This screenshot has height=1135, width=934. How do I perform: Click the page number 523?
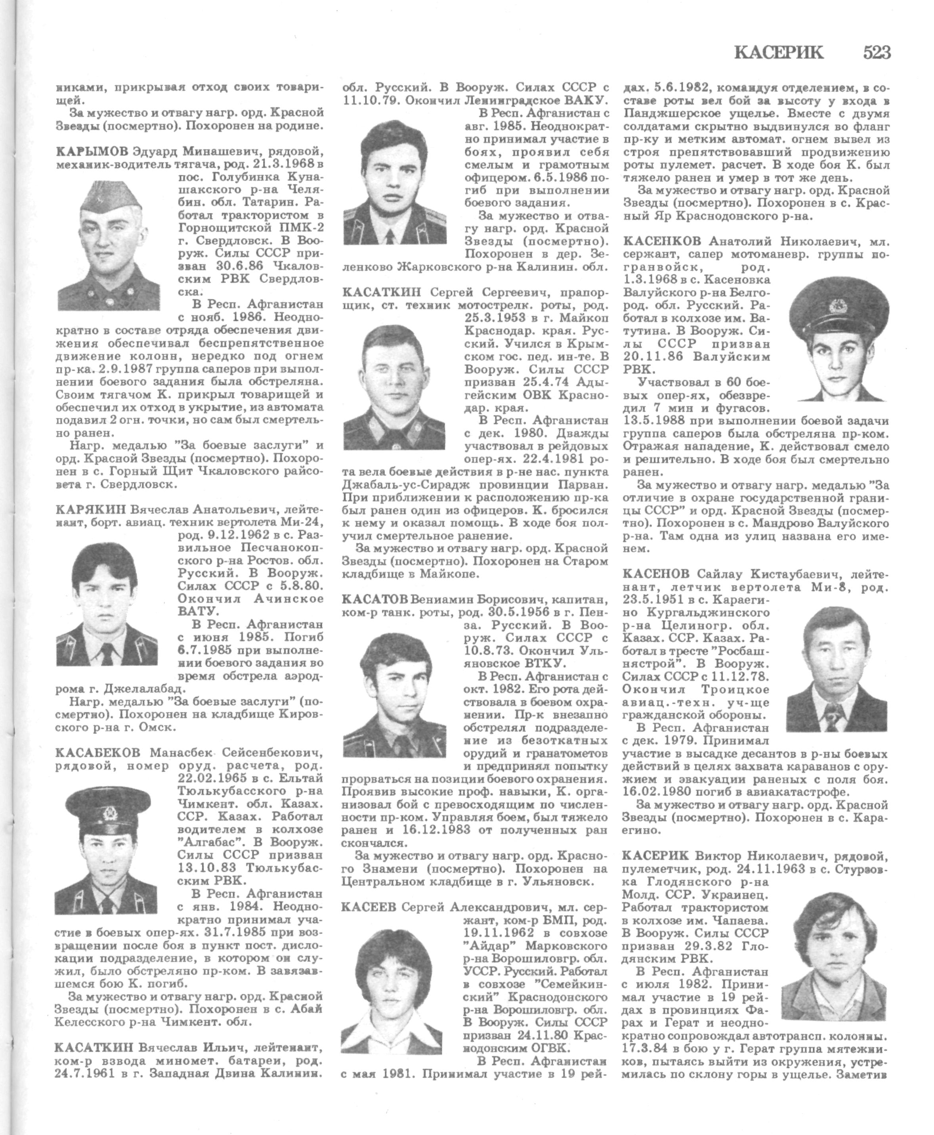point(877,52)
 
